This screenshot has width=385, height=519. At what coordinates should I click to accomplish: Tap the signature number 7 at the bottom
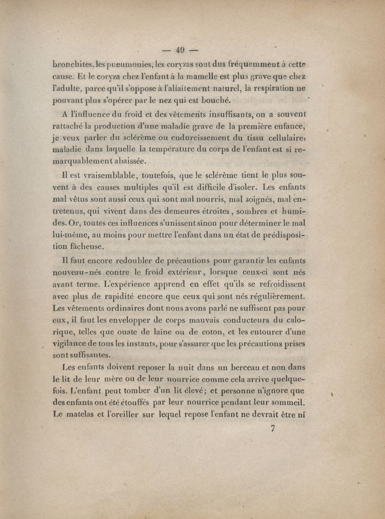(x=273, y=430)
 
